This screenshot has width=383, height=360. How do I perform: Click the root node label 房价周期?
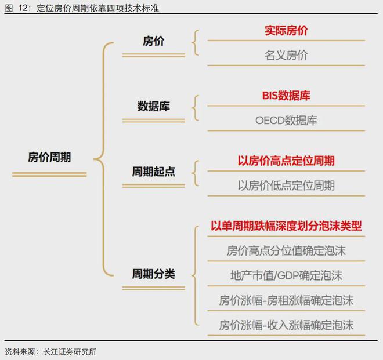point(49,157)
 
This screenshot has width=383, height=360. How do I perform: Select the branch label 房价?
point(153,41)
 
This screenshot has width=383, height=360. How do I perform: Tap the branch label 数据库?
point(153,106)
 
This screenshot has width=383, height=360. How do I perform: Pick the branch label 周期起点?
point(153,172)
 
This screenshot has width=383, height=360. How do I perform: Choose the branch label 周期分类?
point(153,274)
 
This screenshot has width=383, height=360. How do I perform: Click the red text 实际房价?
point(286,31)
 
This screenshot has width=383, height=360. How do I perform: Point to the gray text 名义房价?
point(286,55)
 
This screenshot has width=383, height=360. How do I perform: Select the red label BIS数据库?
point(286,96)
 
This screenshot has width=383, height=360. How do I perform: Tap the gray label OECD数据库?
point(286,121)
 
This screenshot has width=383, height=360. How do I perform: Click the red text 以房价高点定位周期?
point(286,161)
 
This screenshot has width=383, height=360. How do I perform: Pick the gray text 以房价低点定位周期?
point(286,186)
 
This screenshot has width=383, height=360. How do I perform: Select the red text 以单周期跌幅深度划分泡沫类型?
point(286,226)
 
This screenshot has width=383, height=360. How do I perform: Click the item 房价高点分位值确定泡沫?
point(286,251)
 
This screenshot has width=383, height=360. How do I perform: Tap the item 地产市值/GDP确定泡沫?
point(286,275)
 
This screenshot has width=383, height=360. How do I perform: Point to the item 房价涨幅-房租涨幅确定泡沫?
point(286,300)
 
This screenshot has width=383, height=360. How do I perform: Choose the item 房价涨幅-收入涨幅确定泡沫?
point(286,325)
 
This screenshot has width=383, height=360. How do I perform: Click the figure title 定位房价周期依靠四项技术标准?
point(97,8)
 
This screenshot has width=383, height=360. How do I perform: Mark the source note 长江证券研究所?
point(70,352)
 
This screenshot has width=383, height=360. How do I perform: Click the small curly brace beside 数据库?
point(196,108)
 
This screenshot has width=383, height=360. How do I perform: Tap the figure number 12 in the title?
point(23,8)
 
